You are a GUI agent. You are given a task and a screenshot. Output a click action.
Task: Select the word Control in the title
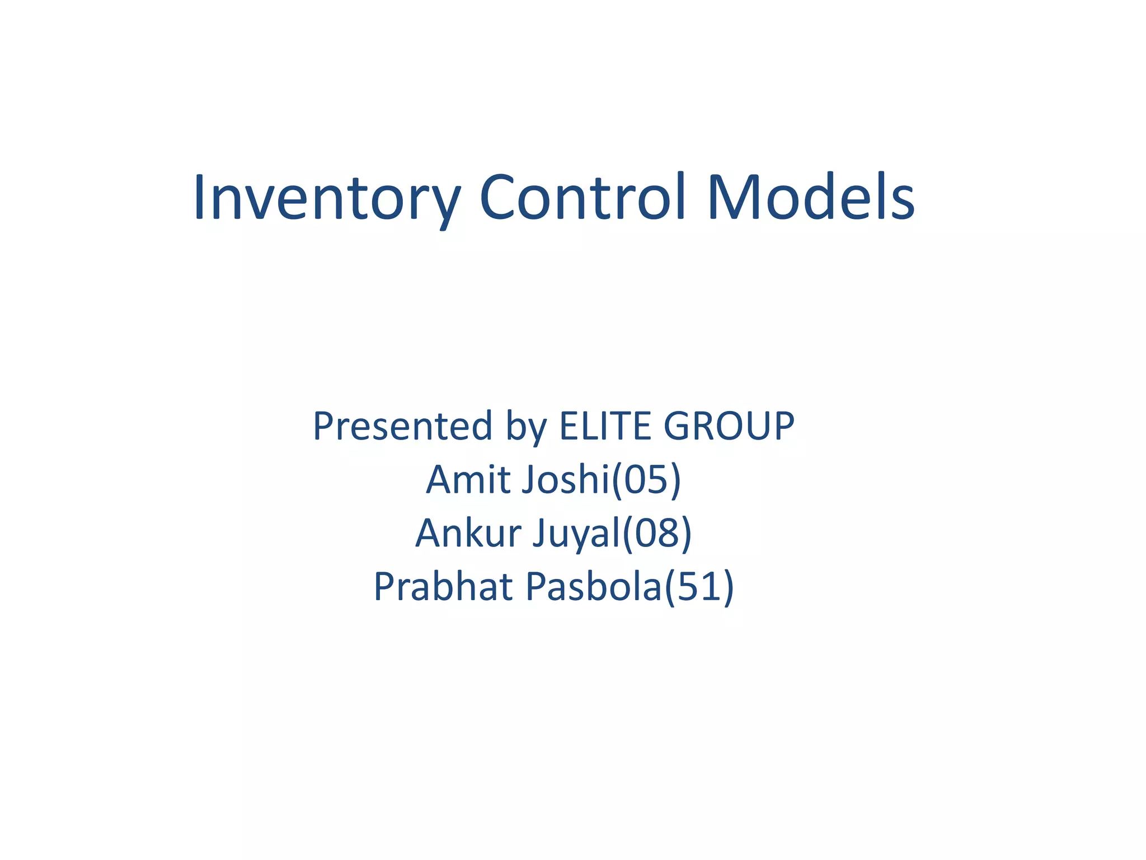pyautogui.click(x=582, y=197)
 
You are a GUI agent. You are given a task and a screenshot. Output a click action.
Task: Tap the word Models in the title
pyautogui.click(x=811, y=197)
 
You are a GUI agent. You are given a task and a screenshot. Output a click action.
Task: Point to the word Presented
pyautogui.click(x=402, y=427)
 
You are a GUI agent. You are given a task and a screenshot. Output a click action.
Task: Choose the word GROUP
pyautogui.click(x=729, y=426)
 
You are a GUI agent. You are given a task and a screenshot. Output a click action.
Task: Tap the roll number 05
pyautogui.click(x=646, y=480)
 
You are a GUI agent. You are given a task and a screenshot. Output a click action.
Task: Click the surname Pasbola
pyautogui.click(x=593, y=587)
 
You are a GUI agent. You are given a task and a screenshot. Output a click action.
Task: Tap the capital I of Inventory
pyautogui.click(x=199, y=197)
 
